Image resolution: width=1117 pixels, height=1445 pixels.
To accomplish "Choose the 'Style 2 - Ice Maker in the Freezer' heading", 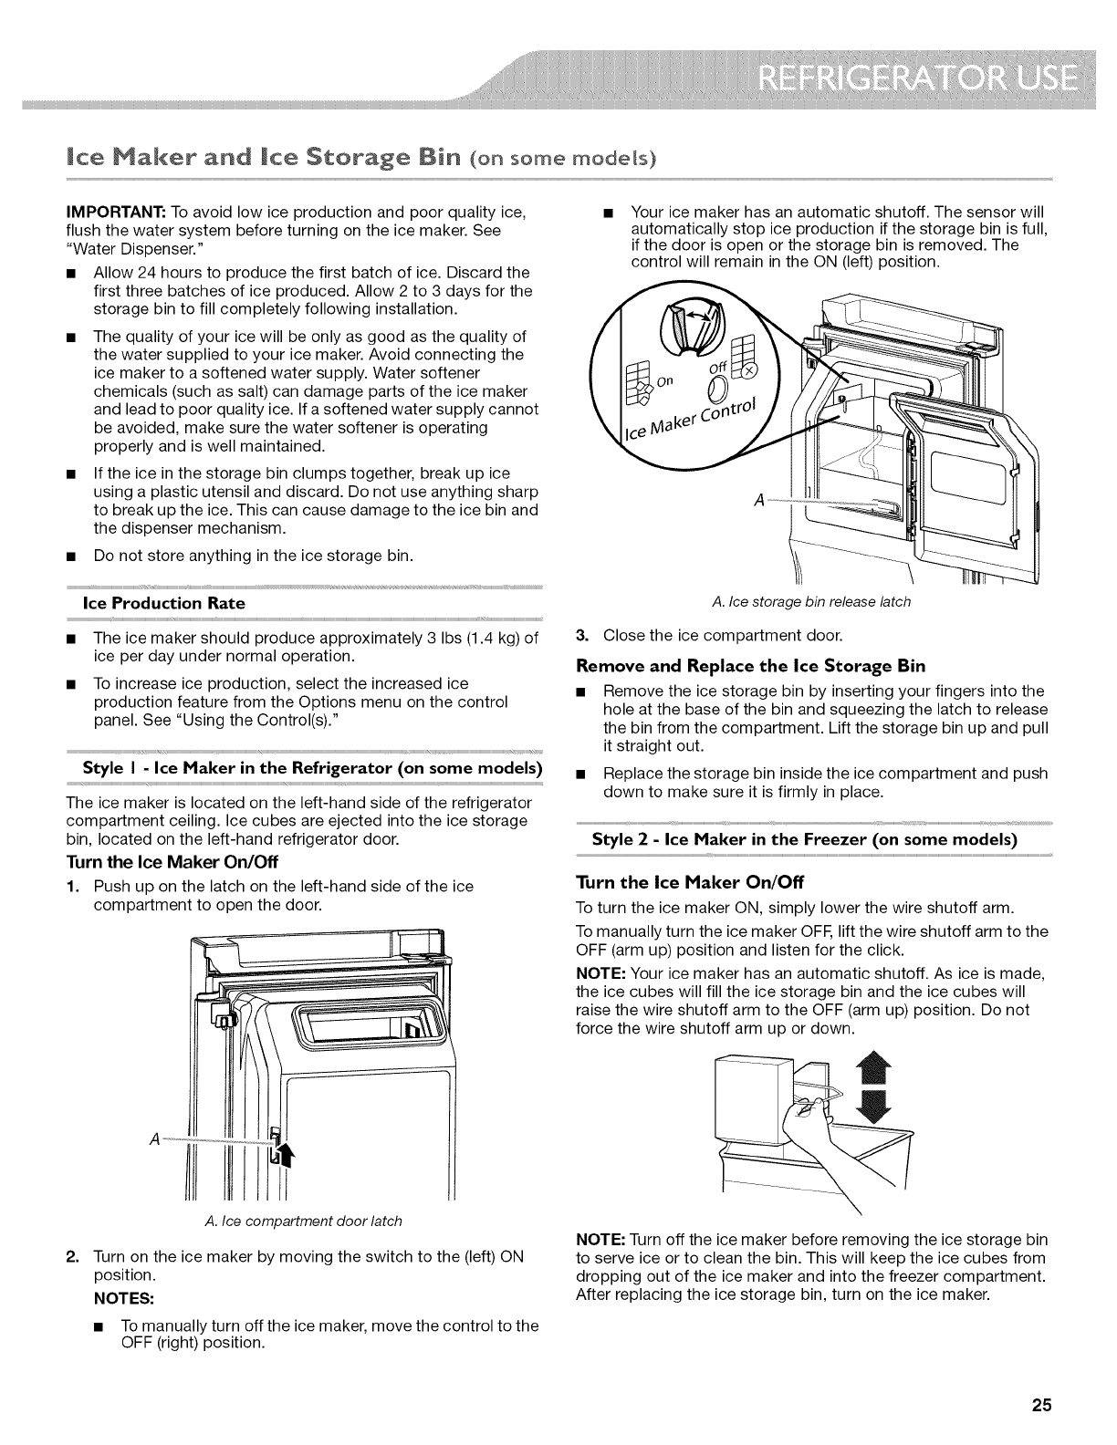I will (x=804, y=839).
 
